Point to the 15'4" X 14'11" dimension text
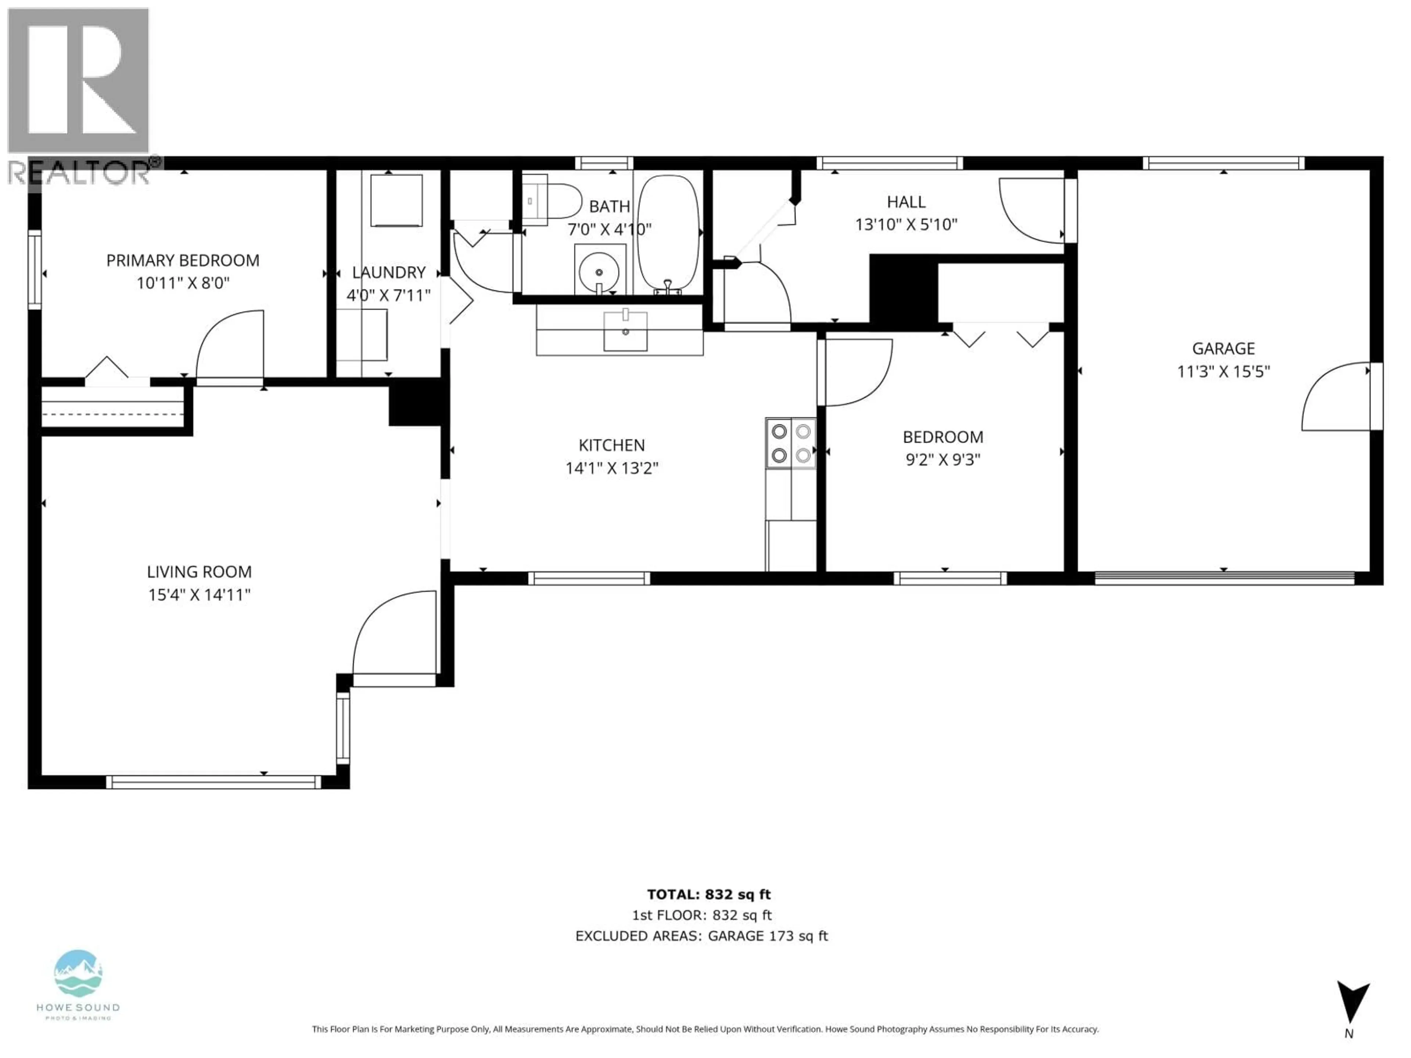click(x=199, y=594)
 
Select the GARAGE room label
click(x=1223, y=348)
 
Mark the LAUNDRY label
click(x=388, y=272)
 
